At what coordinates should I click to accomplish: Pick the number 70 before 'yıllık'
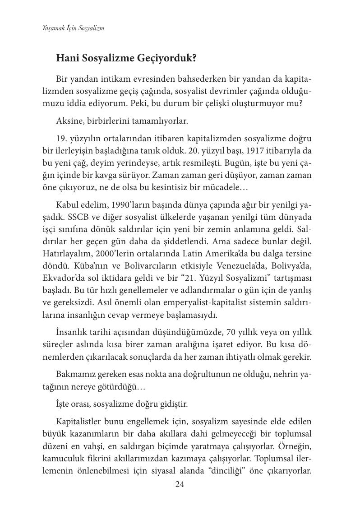[x=228, y=332]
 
